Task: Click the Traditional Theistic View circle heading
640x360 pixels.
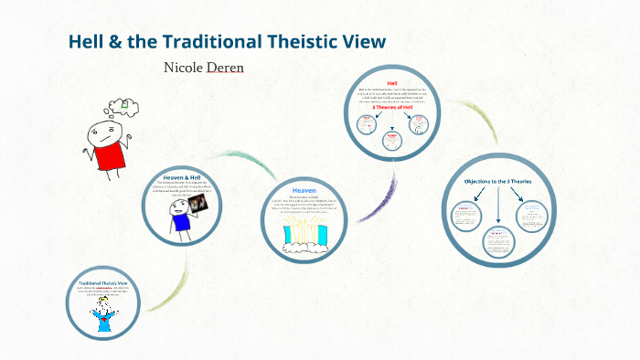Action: coord(102,283)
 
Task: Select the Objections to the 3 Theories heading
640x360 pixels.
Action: coord(496,181)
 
